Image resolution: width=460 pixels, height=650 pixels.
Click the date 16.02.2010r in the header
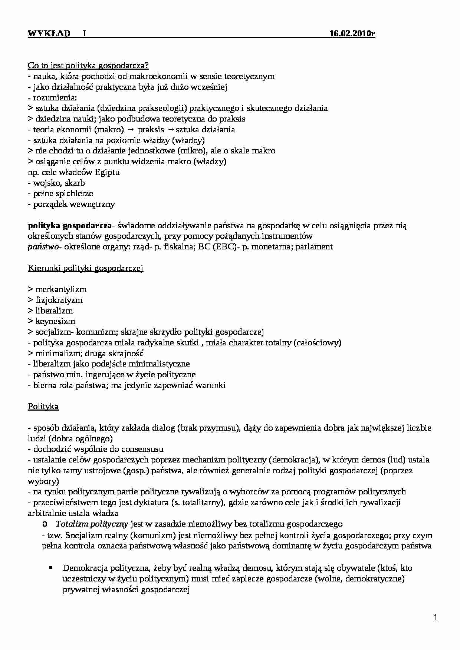[x=352, y=34]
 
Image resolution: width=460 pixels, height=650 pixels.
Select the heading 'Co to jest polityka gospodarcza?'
[x=88, y=66]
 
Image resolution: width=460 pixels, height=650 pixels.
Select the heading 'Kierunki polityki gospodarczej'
[x=85, y=268]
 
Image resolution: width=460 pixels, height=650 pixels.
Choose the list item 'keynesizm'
[x=55, y=321]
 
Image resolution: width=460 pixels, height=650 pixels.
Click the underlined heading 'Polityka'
[x=43, y=407]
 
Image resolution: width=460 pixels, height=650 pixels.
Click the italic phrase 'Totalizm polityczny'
[x=92, y=524]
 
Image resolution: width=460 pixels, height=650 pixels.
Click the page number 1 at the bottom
[x=436, y=618]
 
